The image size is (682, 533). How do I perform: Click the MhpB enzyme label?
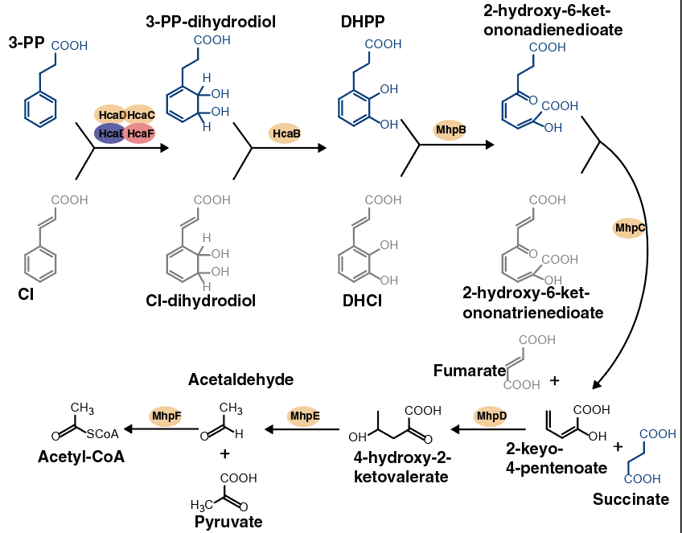pyautogui.click(x=450, y=129)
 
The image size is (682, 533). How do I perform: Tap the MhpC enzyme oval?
pyautogui.click(x=630, y=228)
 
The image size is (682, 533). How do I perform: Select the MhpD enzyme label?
pyautogui.click(x=491, y=416)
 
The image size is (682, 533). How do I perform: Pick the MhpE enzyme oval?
pyautogui.click(x=305, y=416)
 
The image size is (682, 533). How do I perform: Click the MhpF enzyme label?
pyautogui.click(x=166, y=416)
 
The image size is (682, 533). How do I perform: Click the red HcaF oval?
pyautogui.click(x=140, y=133)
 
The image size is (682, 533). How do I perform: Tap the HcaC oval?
pyautogui.click(x=140, y=116)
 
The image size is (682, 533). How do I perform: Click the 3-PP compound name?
pyautogui.click(x=27, y=43)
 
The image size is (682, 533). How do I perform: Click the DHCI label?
pyautogui.click(x=362, y=301)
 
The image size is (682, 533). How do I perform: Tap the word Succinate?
pyautogui.click(x=631, y=499)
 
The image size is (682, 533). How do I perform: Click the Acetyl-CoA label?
pyautogui.click(x=77, y=457)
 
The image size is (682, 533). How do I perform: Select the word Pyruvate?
pyautogui.click(x=228, y=522)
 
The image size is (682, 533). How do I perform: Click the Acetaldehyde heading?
pyautogui.click(x=241, y=379)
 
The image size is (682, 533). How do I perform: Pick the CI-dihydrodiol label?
pyautogui.click(x=201, y=301)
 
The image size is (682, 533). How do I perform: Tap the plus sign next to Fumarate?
pyautogui.click(x=554, y=379)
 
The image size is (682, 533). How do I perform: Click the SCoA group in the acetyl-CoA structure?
pyautogui.click(x=102, y=434)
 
